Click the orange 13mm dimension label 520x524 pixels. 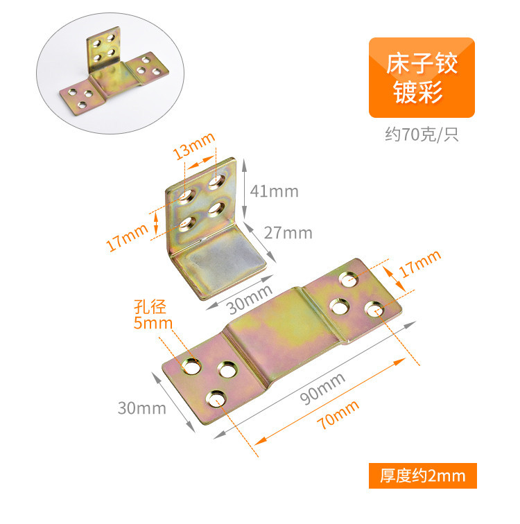[194, 148]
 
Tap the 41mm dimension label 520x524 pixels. [275, 190]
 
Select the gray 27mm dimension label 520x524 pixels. [288, 232]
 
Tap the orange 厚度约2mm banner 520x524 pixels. [422, 476]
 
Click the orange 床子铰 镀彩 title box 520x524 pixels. [422, 78]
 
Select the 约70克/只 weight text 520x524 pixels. [422, 134]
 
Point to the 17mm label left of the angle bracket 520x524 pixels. [129, 236]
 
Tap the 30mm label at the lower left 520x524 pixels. [141, 408]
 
